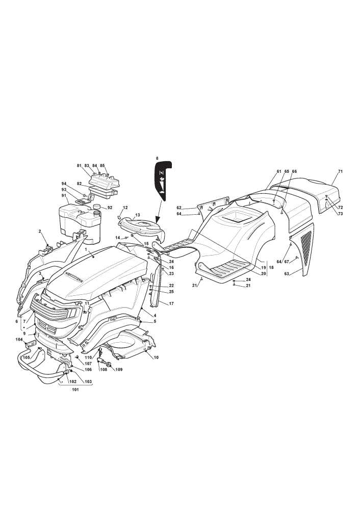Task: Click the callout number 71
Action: click(340, 171)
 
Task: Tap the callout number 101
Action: click(75, 390)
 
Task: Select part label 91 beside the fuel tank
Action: click(64, 195)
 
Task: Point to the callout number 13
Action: click(138, 215)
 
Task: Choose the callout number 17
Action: click(171, 303)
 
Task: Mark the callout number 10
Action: click(156, 358)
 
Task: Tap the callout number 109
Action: click(119, 369)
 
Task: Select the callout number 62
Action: click(179, 208)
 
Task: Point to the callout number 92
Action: click(110, 208)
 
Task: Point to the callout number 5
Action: click(155, 321)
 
